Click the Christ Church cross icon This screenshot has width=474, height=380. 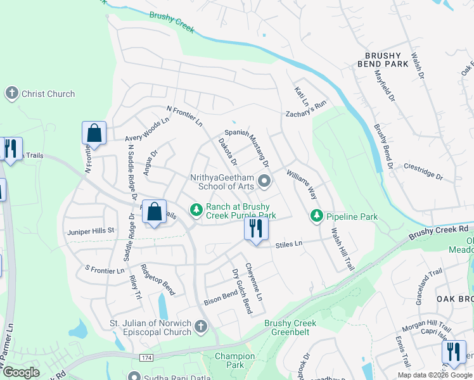tap(11, 94)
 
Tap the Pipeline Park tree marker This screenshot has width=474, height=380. tap(316, 217)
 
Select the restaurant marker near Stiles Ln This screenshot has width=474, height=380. tap(256, 229)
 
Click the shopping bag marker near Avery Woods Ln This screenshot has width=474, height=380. tap(94, 134)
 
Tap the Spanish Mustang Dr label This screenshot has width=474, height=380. tap(244, 149)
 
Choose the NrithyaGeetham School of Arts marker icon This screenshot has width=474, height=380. tap(266, 182)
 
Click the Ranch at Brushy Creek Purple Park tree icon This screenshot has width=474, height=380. tap(196, 209)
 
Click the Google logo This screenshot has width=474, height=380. tap(20, 372)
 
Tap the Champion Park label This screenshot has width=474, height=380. tap(234, 360)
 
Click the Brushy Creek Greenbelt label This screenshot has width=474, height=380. tap(290, 327)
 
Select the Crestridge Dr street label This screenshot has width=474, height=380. tap(423, 172)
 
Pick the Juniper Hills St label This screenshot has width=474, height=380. tap(91, 231)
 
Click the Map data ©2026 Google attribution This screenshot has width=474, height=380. tap(434, 375)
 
